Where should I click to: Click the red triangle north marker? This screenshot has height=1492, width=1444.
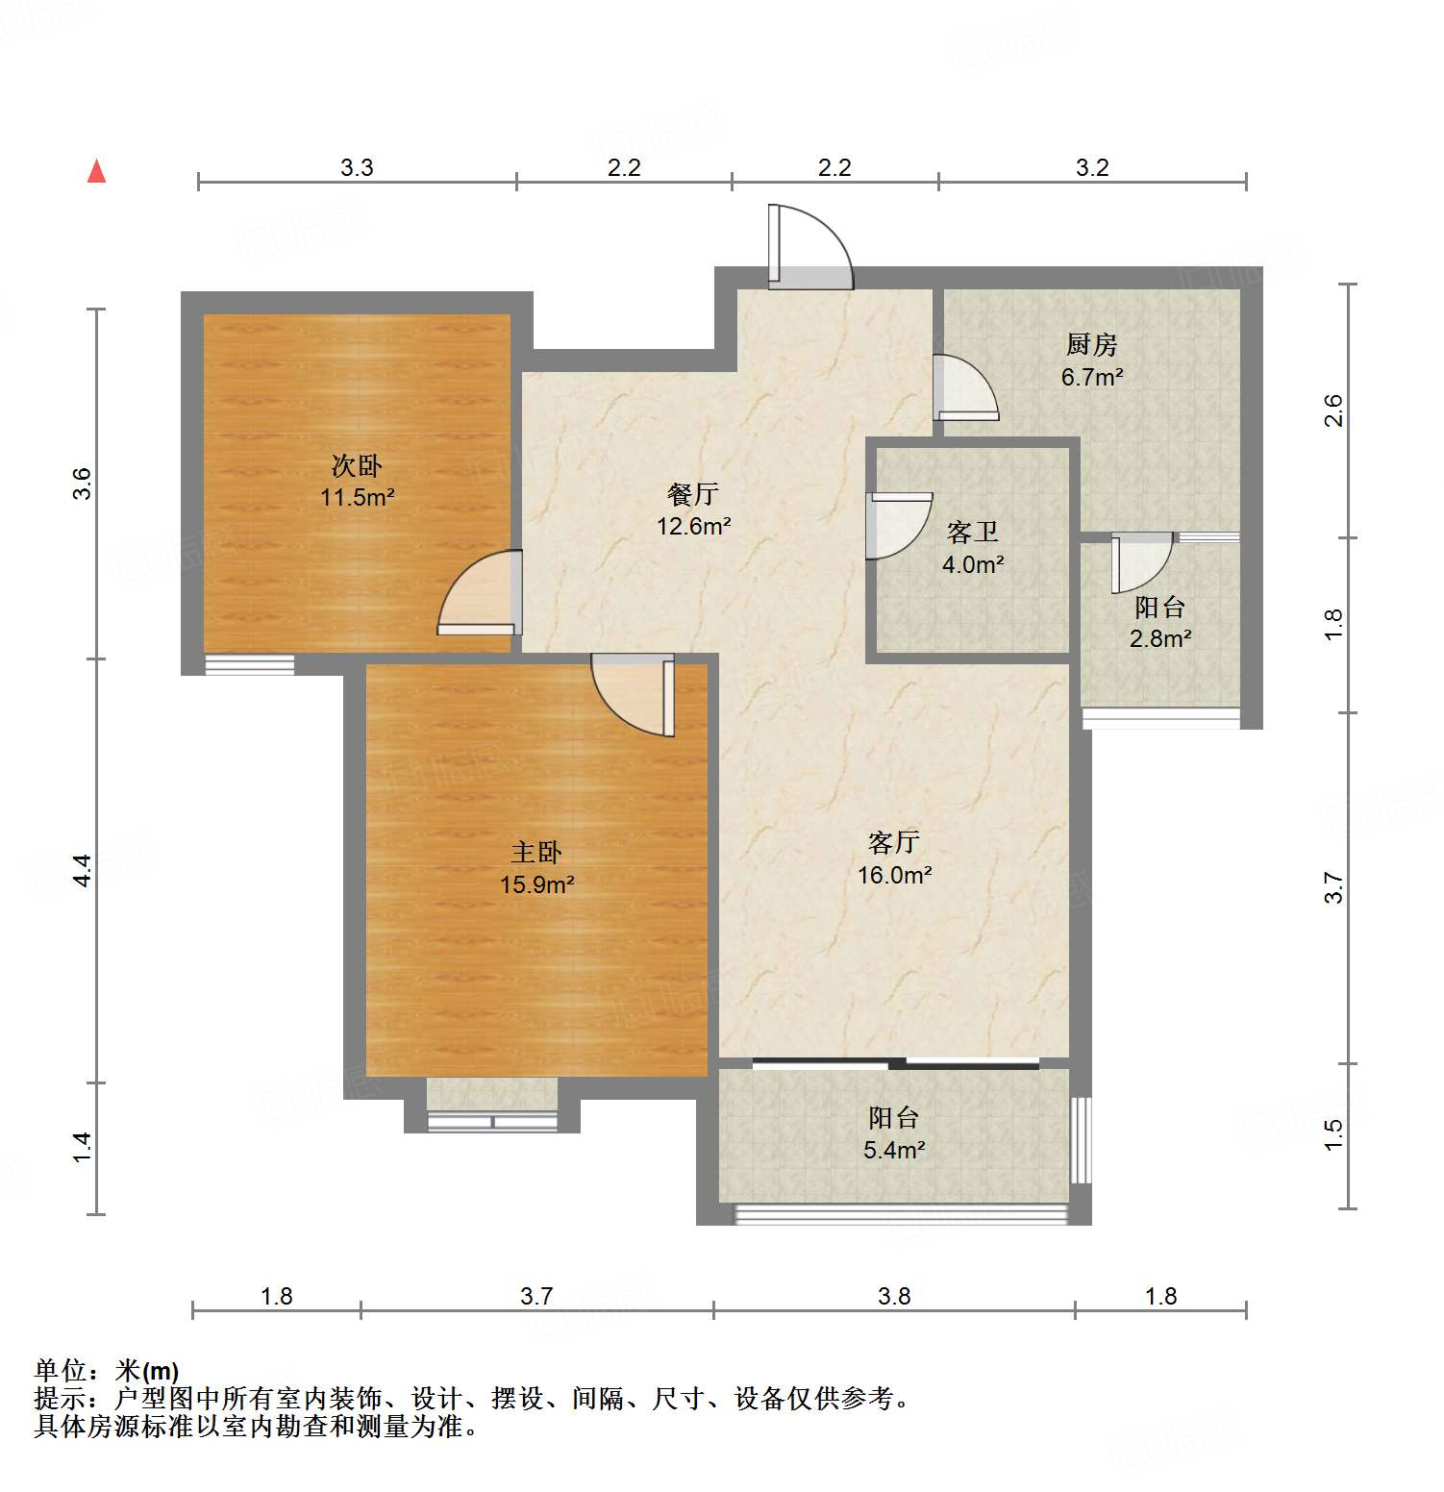96,172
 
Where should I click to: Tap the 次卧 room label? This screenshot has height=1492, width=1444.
357,466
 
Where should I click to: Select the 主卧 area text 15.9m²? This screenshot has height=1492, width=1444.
536,884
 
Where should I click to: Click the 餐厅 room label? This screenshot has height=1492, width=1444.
693,494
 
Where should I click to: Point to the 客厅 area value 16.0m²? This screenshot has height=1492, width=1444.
894,875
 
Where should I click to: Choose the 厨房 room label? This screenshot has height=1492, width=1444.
1091,344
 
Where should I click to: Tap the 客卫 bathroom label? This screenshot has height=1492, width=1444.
972,532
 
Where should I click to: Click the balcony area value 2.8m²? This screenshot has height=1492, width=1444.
1160,638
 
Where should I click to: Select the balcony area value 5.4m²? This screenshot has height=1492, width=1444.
894,1150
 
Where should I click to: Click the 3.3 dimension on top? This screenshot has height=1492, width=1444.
357,167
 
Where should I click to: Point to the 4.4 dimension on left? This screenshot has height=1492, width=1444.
83,870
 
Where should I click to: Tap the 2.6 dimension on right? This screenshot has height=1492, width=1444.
1333,410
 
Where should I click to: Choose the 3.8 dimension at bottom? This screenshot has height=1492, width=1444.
894,1296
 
